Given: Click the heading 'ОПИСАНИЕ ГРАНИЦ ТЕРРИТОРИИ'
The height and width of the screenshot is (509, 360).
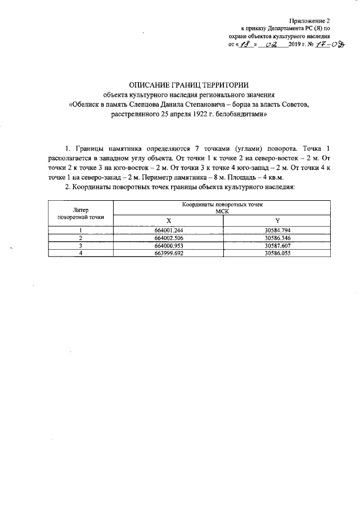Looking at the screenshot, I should click(180, 84).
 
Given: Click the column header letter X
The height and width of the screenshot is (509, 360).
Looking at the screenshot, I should click(168, 220).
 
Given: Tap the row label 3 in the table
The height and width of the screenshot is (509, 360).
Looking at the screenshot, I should click(81, 246).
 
